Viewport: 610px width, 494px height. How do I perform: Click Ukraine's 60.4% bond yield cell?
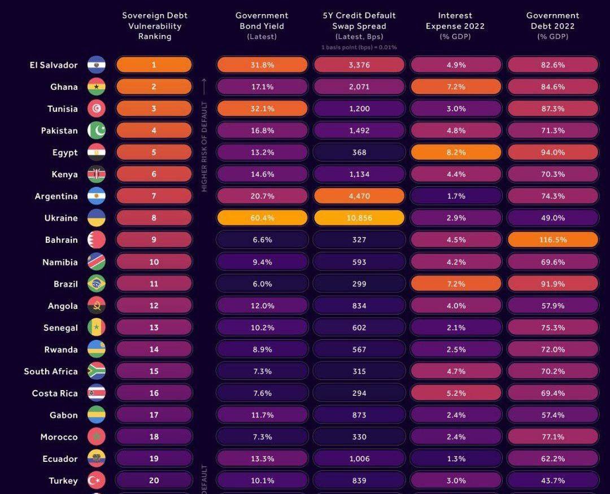[x=262, y=218]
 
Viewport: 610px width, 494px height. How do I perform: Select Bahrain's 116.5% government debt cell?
[x=552, y=240]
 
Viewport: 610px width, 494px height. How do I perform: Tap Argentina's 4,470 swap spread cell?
[x=359, y=196]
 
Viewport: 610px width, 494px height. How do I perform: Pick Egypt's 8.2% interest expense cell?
[x=456, y=152]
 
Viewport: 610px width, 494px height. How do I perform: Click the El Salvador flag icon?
[x=97, y=65]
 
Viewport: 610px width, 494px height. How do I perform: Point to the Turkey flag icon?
[x=97, y=481]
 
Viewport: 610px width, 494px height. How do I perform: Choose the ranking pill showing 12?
[x=154, y=306]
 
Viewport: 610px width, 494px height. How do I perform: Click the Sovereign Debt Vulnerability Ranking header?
[x=155, y=26]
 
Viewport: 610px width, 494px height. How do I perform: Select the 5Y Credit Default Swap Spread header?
[x=359, y=26]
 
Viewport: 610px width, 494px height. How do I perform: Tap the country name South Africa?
[x=51, y=371]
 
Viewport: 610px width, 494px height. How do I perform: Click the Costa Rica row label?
[x=55, y=394]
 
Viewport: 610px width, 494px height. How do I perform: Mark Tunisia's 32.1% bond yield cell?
[x=262, y=109]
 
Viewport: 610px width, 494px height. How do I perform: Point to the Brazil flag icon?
[x=97, y=284]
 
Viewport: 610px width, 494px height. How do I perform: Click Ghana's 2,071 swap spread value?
[x=359, y=87]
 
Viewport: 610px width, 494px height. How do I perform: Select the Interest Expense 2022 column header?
[x=455, y=26]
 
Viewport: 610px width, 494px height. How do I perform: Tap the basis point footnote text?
[x=359, y=47]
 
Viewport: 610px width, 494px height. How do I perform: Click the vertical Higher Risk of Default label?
[x=204, y=147]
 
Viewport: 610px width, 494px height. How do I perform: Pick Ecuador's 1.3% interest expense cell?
[x=456, y=459]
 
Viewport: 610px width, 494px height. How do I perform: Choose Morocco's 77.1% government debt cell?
[x=552, y=437]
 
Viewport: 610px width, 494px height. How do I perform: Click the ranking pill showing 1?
[x=154, y=65]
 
